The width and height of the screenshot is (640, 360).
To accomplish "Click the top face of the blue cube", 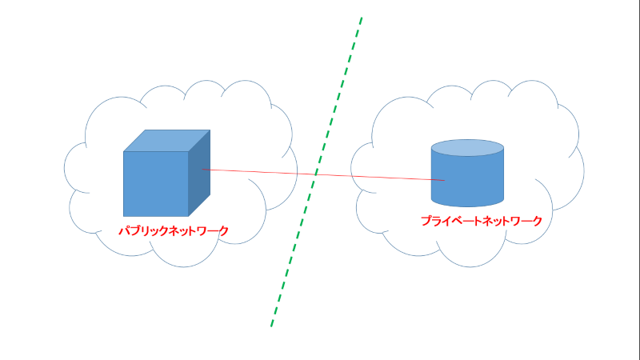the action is [x=166, y=141].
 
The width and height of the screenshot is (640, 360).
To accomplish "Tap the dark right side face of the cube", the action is [x=199, y=173].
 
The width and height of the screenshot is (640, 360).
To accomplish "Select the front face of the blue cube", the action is [x=155, y=184].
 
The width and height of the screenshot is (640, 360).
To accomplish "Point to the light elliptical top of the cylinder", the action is [x=467, y=148].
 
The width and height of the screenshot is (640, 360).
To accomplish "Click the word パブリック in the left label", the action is [x=143, y=230].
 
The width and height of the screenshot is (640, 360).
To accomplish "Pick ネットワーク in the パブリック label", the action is [x=198, y=230].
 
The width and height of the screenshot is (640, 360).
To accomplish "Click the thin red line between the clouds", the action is [x=323, y=174].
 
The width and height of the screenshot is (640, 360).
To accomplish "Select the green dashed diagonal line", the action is [x=317, y=172].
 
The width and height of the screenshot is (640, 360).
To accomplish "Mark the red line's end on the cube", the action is [x=202, y=170].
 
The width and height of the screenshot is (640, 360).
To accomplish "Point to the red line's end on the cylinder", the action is [x=445, y=180].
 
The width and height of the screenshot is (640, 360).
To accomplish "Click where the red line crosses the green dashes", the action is [x=316, y=174].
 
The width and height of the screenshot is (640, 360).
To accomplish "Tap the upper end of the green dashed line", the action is [x=362, y=18].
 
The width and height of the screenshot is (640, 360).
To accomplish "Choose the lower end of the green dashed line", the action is [x=271, y=326].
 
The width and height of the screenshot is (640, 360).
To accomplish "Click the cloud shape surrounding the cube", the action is [x=86, y=134].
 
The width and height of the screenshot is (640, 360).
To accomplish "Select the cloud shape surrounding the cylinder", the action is [x=372, y=134].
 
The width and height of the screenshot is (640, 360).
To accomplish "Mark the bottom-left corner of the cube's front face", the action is [x=124, y=216].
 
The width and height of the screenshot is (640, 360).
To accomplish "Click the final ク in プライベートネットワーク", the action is [x=537, y=221].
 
